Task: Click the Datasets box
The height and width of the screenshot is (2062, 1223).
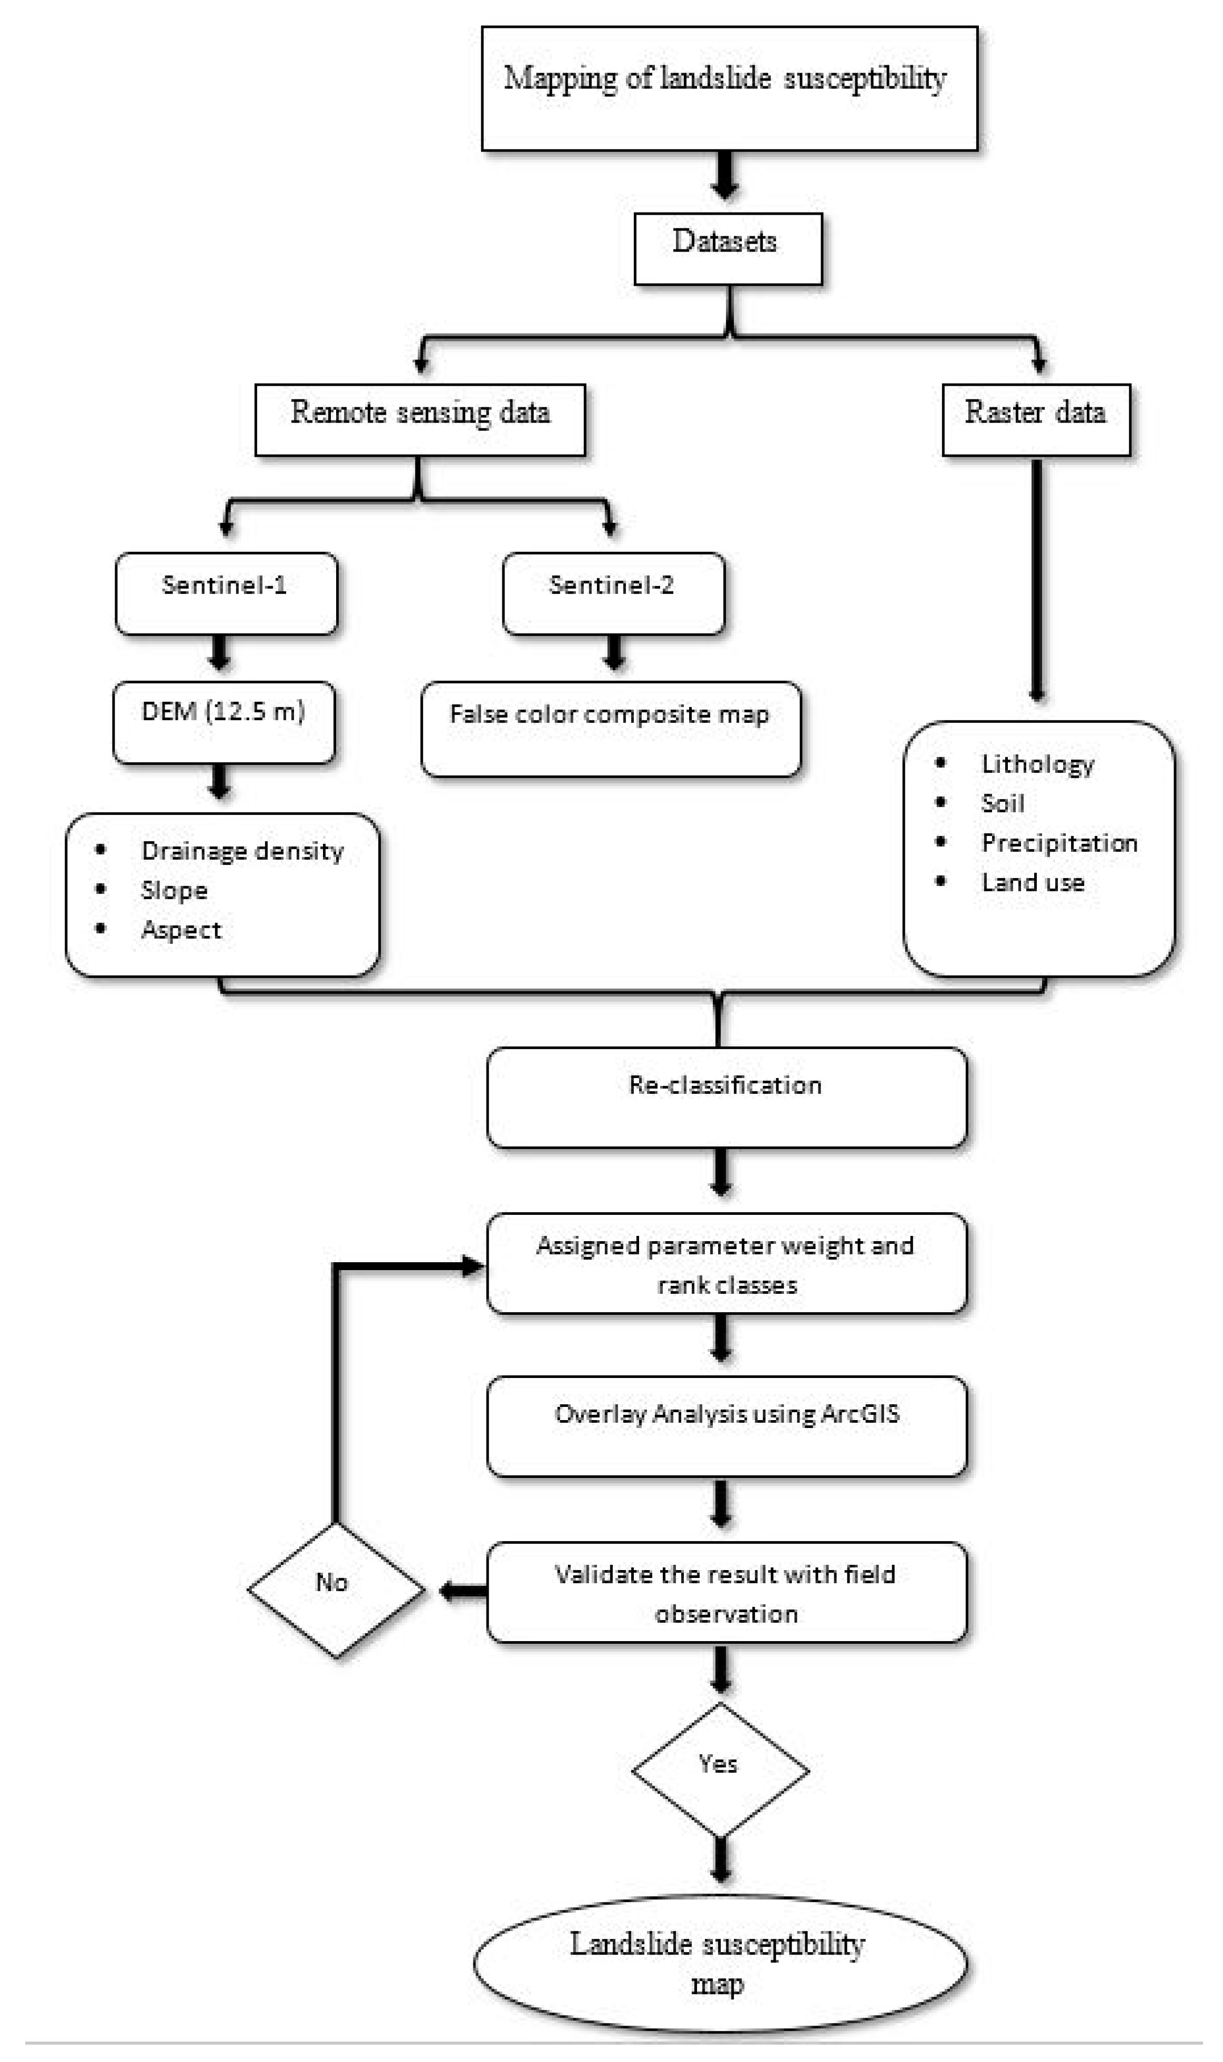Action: coord(727,248)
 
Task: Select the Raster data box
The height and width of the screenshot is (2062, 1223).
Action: coord(1035,419)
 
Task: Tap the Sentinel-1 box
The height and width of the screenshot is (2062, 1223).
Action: coord(226,592)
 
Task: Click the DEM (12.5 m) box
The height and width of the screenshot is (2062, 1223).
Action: coord(224,721)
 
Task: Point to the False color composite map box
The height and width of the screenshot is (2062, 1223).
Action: coord(610,728)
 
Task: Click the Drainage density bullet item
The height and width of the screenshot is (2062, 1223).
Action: coord(241,850)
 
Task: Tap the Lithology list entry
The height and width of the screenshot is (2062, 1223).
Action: coord(1037,764)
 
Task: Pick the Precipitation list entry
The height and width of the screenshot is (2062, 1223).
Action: coord(1059,842)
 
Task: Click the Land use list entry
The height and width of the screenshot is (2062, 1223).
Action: coord(1032,882)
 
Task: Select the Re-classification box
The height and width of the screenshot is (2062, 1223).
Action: coord(725,1096)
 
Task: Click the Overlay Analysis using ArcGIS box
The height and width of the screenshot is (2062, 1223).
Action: coord(725,1425)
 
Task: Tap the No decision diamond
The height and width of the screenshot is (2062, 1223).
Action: coord(336,1590)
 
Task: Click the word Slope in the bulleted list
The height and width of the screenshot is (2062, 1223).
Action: coord(174,890)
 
